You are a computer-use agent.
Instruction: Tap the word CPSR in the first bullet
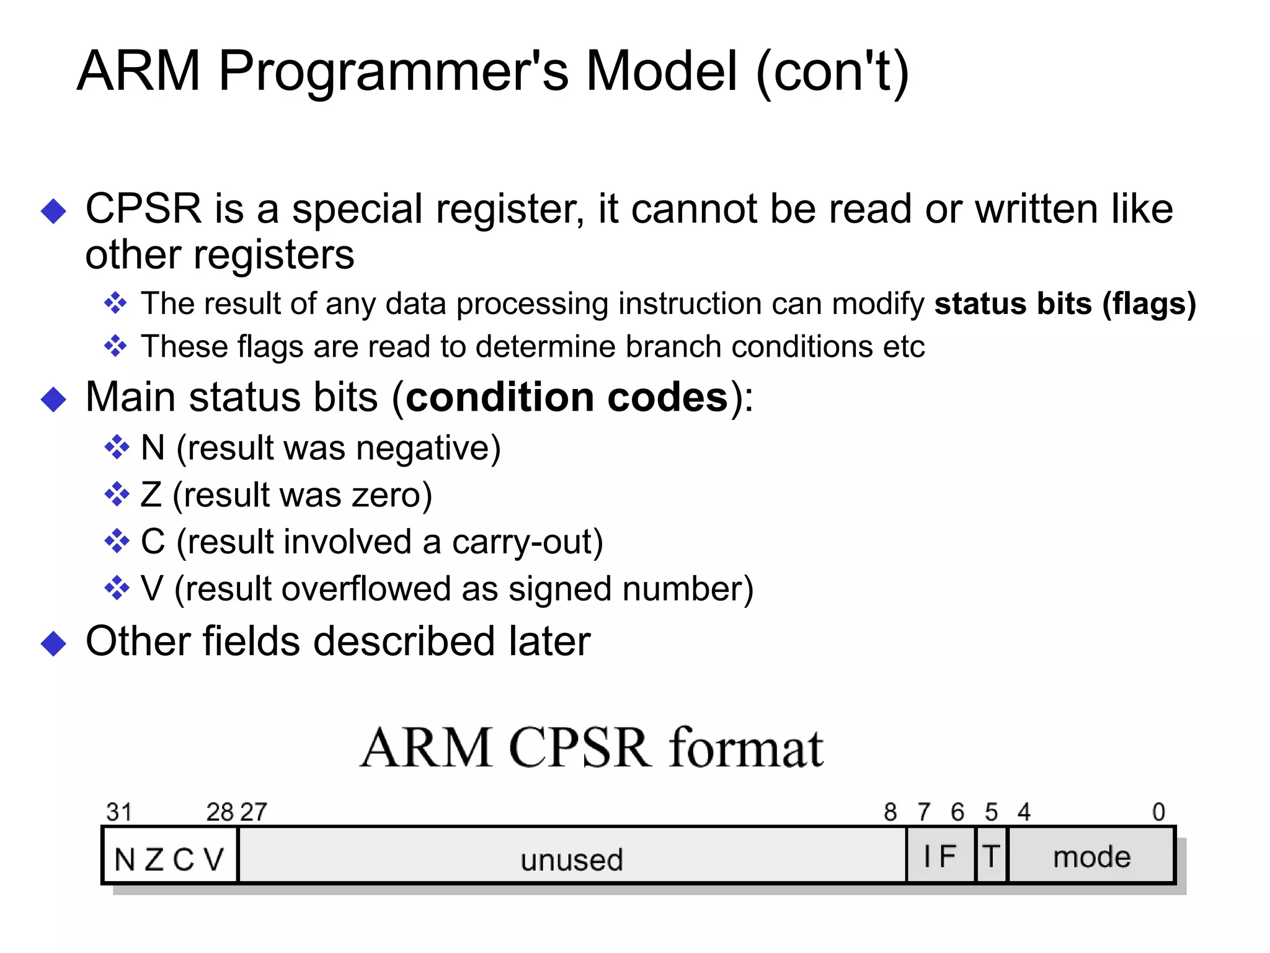(143, 208)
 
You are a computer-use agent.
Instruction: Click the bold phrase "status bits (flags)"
(1065, 304)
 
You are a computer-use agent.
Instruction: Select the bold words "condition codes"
(567, 397)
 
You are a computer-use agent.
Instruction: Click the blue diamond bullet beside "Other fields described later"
(53, 643)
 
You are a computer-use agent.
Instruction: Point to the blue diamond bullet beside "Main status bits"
(53, 399)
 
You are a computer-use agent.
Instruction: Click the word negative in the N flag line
(422, 448)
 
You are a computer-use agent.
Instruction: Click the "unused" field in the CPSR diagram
(572, 860)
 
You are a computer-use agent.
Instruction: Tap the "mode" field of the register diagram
(1092, 857)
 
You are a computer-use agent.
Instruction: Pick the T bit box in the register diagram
(991, 856)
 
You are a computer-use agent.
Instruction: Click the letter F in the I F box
(947, 856)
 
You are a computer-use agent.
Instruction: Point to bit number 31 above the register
(119, 812)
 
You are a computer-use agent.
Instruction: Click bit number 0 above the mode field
(1158, 812)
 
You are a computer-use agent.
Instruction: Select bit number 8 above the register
(890, 812)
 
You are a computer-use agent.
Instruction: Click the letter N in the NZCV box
(125, 860)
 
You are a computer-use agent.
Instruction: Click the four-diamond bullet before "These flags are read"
(115, 346)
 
